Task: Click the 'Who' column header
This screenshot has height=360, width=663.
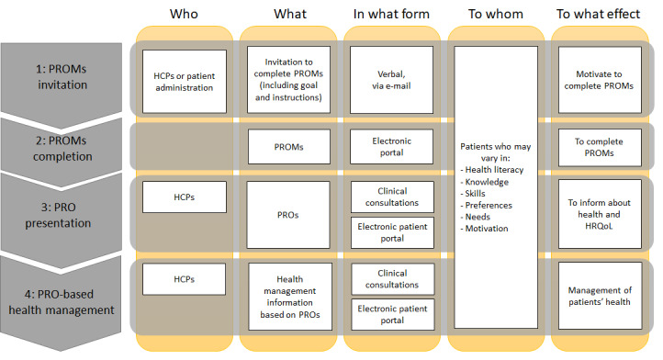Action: point(184,14)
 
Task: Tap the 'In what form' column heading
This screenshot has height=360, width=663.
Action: point(391,14)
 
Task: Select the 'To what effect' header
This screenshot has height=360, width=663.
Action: point(599,14)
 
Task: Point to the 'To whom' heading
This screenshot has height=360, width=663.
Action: point(496,14)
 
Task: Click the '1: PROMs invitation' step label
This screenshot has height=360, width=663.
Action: point(62,76)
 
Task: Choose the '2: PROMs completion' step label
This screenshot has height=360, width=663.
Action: point(62,149)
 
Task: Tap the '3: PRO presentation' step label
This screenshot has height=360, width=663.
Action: point(58,215)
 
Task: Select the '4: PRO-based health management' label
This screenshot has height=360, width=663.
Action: point(62,302)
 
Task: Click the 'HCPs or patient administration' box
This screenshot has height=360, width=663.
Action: point(185,82)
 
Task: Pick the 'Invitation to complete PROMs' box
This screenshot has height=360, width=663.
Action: point(288,80)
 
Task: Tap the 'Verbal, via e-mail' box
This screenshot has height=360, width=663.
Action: point(391,80)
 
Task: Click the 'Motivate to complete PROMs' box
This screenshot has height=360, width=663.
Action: point(600,80)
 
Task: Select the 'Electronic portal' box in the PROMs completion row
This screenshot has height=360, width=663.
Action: point(391,146)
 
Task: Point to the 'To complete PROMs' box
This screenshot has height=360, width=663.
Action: point(600,147)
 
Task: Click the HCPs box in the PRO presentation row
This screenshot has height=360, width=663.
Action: point(185,197)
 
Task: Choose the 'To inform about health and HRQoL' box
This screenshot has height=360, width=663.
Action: point(600,214)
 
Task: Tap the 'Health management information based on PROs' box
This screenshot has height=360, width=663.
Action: point(290,297)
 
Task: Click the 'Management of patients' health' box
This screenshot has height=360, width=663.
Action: point(600,296)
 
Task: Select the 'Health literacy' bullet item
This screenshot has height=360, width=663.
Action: point(492,170)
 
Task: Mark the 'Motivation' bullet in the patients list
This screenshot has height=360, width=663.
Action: point(485,229)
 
